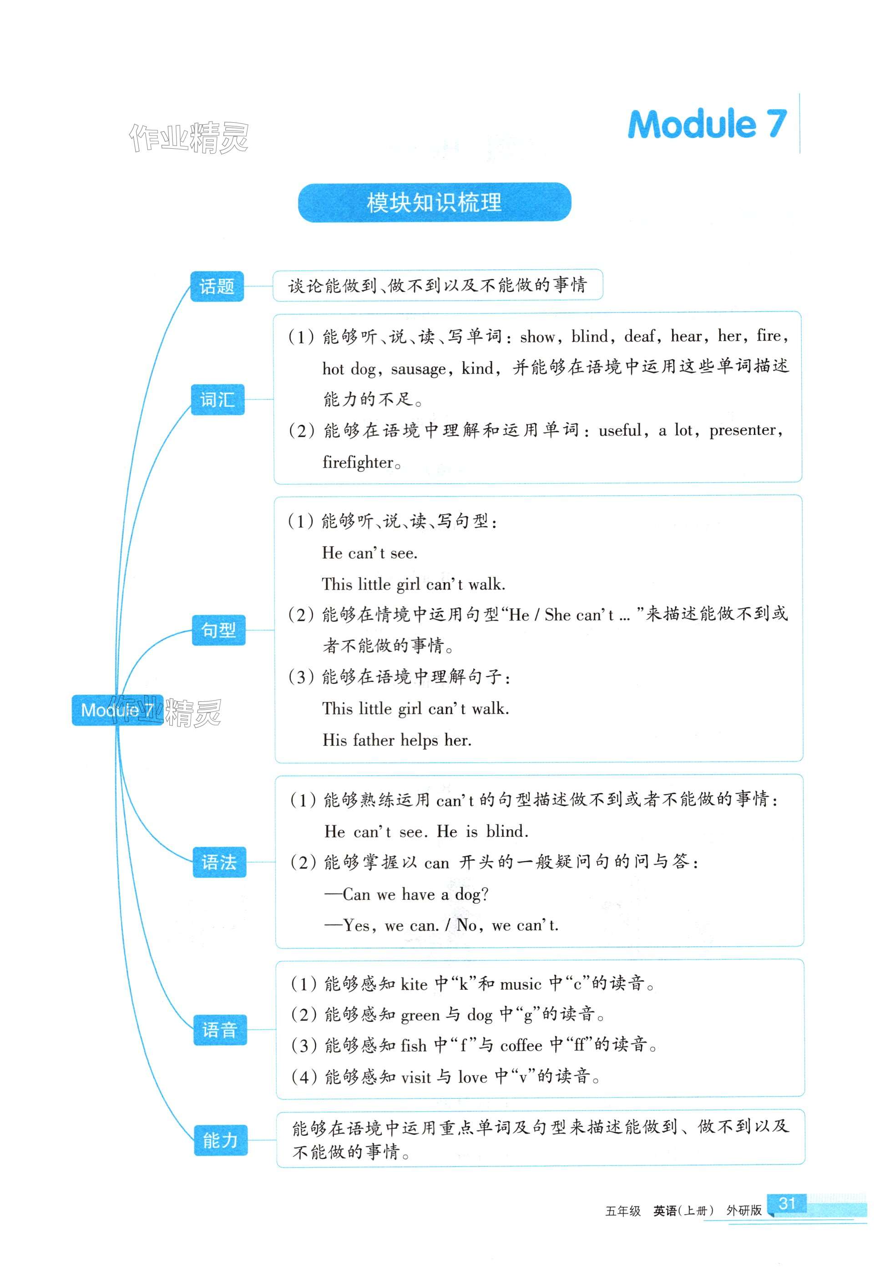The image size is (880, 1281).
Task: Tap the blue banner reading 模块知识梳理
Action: [x=434, y=202]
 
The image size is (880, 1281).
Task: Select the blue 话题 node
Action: [x=217, y=287]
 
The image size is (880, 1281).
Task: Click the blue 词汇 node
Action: [x=217, y=399]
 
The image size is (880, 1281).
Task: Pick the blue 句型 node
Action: [x=218, y=630]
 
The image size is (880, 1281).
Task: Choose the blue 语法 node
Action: [x=219, y=862]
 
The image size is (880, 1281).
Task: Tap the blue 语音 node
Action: [x=219, y=1029]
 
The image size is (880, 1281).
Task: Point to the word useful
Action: [x=620, y=430]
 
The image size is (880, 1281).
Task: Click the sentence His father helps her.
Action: [x=397, y=740]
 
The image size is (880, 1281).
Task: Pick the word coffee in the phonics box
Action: [x=521, y=1045]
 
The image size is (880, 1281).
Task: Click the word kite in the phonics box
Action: [x=414, y=984]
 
